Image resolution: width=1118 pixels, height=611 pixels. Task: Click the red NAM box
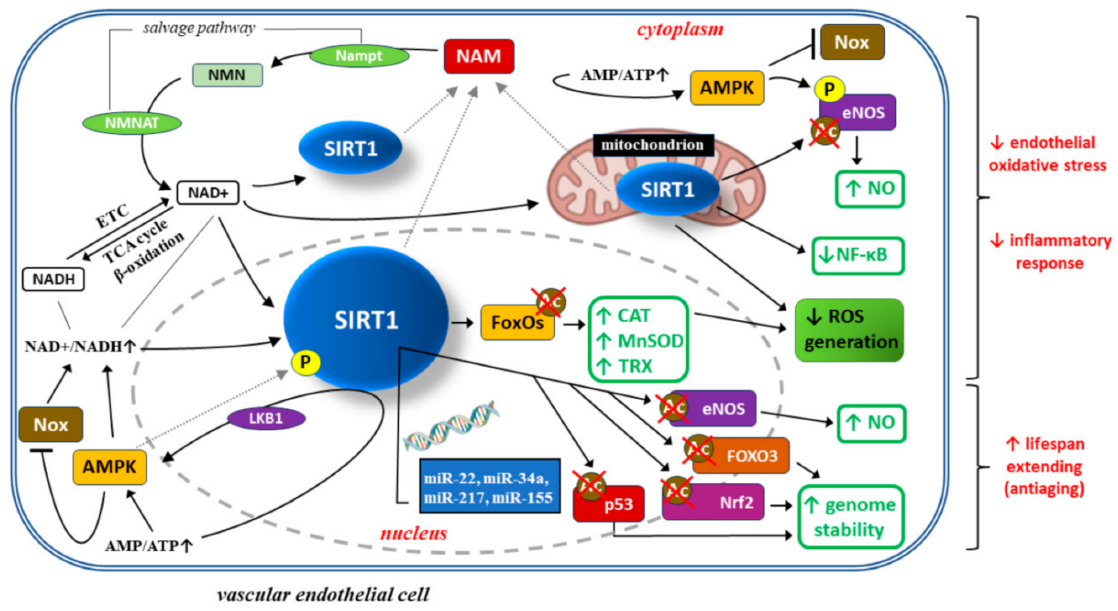479,56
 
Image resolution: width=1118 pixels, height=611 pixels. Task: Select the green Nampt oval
359,56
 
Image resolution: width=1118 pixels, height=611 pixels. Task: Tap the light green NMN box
227,75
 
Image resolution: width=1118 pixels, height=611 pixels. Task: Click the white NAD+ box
208,193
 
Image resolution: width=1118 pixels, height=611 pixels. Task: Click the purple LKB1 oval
266,418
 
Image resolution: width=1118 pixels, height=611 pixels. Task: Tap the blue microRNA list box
490,486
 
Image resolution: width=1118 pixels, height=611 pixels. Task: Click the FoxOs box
517,322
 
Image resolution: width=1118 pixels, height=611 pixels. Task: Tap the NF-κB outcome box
858,256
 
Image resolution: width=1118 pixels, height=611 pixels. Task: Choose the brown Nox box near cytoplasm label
852,42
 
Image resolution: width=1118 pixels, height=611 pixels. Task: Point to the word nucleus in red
414,533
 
